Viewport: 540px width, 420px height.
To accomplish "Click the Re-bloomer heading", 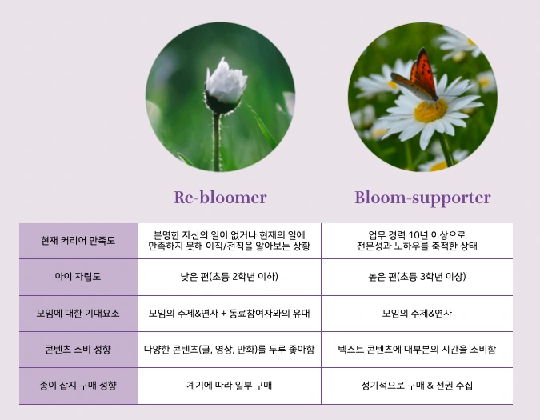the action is (x=220, y=198).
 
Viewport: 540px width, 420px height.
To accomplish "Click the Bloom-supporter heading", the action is (x=422, y=198).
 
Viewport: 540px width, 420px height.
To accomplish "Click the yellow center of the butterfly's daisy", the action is (x=430, y=110).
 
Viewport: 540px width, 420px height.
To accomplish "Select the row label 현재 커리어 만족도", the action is (x=78, y=240).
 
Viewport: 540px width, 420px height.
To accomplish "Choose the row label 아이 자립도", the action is (x=78, y=277).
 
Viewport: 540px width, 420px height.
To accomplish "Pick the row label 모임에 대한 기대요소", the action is (x=78, y=314).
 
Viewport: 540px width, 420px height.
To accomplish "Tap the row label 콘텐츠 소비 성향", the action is (x=78, y=349).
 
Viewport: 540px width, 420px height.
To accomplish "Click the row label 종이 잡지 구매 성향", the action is (x=78, y=386).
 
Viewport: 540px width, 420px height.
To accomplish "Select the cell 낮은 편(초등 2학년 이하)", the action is (x=229, y=277).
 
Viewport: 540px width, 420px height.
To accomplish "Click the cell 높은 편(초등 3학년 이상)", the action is (x=417, y=277).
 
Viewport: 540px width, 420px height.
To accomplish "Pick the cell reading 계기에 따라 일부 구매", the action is (x=229, y=385).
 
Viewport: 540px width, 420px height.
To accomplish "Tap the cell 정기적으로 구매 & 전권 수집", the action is (x=417, y=385).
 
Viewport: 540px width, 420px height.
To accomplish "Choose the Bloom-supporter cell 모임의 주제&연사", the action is (x=417, y=314).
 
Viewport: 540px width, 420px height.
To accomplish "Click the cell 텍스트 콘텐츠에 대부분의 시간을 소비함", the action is (x=417, y=349).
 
